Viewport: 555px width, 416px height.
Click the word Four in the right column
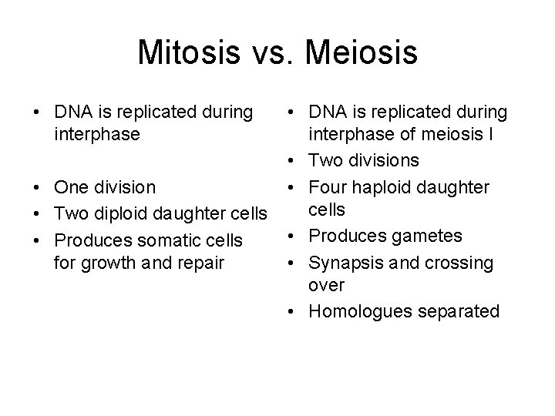(x=325, y=186)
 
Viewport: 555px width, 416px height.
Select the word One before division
(x=71, y=187)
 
